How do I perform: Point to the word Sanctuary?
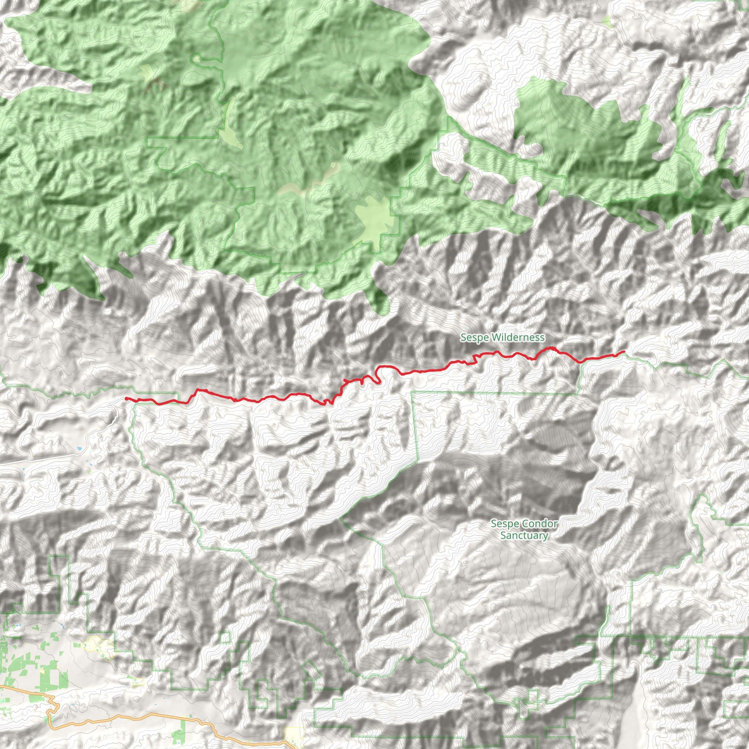(524, 535)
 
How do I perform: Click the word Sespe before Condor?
(505, 524)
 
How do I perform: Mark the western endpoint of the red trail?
(127, 398)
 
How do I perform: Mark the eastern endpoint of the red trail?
(624, 351)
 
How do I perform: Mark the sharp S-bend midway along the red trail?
(378, 374)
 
